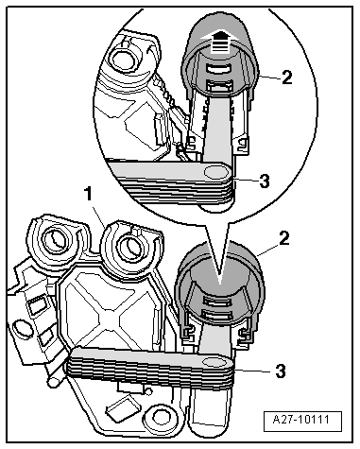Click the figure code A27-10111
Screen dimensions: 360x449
(x=302, y=421)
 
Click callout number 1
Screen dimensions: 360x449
(x=89, y=194)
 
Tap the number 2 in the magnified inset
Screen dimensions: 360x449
(x=286, y=78)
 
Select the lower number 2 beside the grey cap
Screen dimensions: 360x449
(x=283, y=238)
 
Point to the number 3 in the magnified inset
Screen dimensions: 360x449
(x=264, y=181)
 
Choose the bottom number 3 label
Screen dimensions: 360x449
(x=281, y=371)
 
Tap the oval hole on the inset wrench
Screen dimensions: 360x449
(x=215, y=172)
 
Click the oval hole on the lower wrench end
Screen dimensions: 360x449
(x=214, y=362)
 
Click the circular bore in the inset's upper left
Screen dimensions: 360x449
(x=123, y=59)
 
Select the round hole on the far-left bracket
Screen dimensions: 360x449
(x=22, y=330)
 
